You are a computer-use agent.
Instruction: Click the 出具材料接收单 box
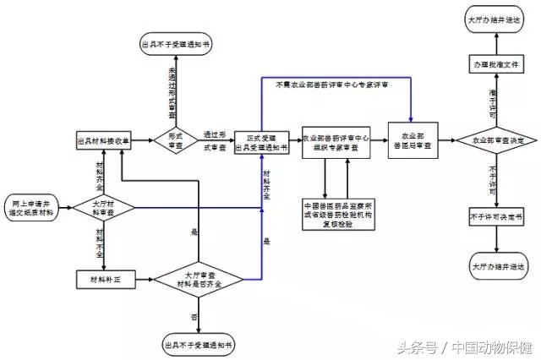(103, 141)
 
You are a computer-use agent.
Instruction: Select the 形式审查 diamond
(175, 140)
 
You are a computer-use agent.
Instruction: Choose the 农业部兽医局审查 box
(410, 140)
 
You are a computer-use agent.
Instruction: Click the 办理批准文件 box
(498, 64)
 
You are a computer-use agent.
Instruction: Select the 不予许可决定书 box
(498, 218)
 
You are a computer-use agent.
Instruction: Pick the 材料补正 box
(99, 278)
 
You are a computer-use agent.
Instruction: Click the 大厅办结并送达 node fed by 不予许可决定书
(498, 265)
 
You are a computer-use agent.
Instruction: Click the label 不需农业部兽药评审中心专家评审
(332, 84)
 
